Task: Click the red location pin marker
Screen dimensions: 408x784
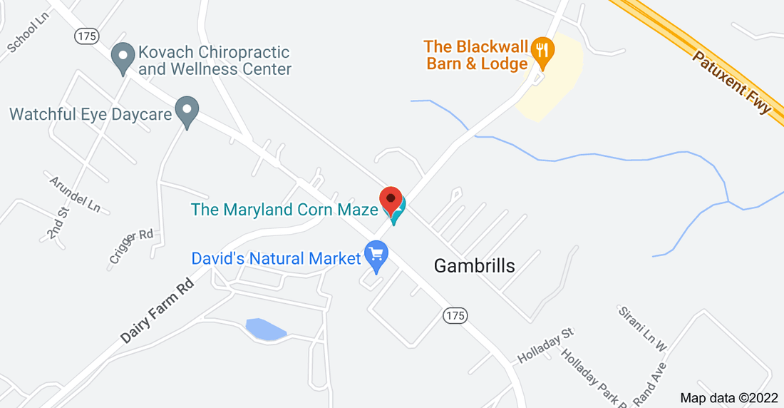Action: click(x=391, y=198)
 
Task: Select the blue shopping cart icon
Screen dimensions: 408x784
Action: click(x=376, y=255)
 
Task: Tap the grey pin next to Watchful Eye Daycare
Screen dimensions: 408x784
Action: click(x=187, y=111)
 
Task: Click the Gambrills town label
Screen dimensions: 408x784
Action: click(x=474, y=266)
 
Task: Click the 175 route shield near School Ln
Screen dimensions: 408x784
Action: click(x=87, y=36)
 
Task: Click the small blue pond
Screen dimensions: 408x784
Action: click(x=264, y=330)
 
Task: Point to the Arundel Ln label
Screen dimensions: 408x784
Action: click(x=75, y=193)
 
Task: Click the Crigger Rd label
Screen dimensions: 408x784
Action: click(x=132, y=247)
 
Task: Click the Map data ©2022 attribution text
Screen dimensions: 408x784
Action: click(x=728, y=398)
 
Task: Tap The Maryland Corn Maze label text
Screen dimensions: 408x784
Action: click(x=284, y=210)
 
